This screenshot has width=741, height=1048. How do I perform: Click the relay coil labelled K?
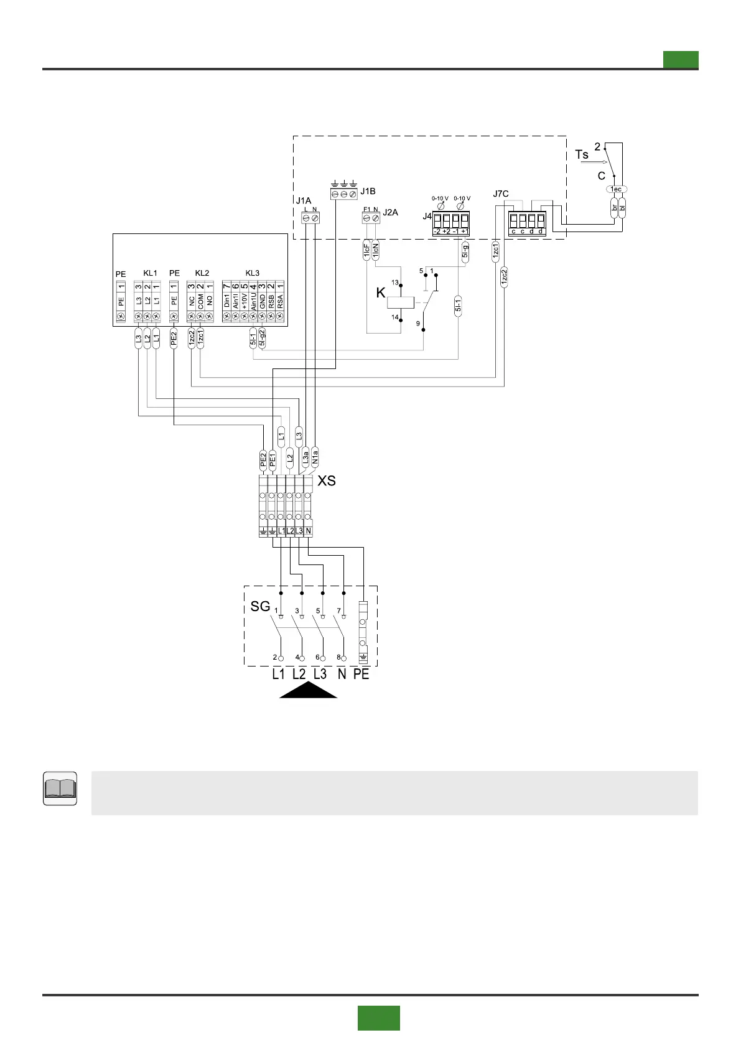tap(400, 302)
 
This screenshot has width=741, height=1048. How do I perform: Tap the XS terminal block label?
tap(327, 480)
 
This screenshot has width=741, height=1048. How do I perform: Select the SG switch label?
tap(260, 606)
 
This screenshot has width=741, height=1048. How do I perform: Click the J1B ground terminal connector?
tap(344, 194)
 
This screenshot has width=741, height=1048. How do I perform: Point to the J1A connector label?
tap(303, 201)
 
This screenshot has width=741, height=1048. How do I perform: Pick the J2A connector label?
tap(390, 212)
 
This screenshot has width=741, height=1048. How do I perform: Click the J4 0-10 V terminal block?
tap(450, 223)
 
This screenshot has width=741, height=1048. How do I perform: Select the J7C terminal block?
tap(527, 223)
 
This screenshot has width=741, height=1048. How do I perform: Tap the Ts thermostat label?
tap(582, 154)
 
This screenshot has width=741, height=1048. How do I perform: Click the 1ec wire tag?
tap(616, 189)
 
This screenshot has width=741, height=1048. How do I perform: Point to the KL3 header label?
tap(252, 273)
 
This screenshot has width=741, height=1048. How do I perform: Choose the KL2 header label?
tap(202, 273)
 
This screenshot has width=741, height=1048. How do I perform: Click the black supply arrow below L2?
tap(308, 690)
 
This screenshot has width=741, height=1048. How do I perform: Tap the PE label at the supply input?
tap(361, 674)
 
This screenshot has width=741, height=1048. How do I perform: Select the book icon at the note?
tap(60, 788)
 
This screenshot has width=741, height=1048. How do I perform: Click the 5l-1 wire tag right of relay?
tap(459, 306)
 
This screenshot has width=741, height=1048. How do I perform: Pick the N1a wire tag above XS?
tap(315, 457)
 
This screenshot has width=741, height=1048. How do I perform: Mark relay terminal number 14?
tap(394, 317)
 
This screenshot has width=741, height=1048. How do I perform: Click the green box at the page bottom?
tap(378, 1018)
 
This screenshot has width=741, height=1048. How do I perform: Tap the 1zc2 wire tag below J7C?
tap(504, 276)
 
